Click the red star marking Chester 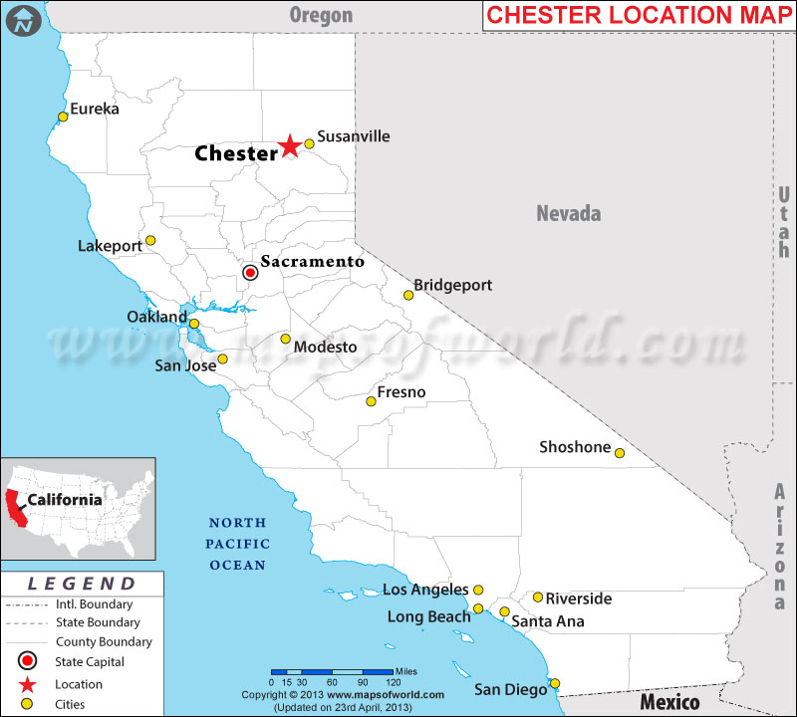click(289, 146)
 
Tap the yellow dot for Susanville click(309, 143)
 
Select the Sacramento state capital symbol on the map click(251, 272)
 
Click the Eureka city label click(94, 109)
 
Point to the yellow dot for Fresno click(371, 401)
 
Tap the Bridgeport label click(452, 285)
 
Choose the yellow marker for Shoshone click(619, 453)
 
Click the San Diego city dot click(555, 683)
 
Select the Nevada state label click(569, 213)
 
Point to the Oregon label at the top click(321, 14)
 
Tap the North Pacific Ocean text click(236, 544)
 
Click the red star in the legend click(29, 684)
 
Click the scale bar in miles click(331, 671)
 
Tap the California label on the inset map click(64, 499)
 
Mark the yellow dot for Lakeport click(150, 240)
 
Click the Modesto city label click(325, 347)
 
